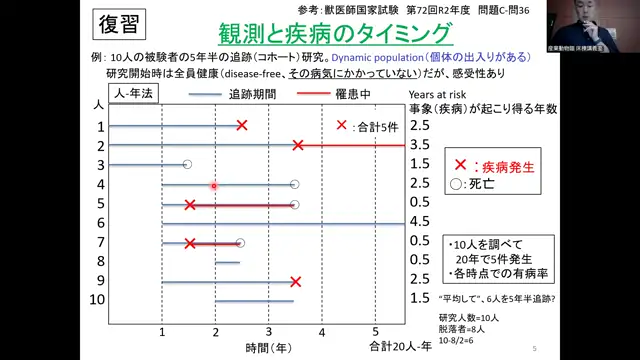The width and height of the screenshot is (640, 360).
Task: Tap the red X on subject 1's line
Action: coord(242,125)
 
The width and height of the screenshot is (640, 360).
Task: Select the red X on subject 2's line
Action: coord(297,145)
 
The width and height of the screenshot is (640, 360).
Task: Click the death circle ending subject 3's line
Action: coord(187,164)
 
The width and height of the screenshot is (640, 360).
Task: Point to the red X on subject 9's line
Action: coord(295,281)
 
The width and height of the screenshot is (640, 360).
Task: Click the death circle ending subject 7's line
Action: coord(240,243)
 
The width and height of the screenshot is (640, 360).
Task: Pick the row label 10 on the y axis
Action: coord(97,300)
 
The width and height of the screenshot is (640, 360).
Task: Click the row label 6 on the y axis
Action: coord(100,222)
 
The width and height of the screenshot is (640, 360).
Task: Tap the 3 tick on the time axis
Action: coord(269,331)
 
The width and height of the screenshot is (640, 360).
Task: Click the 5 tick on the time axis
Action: coord(375,331)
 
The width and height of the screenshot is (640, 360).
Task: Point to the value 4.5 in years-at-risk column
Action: coord(420,222)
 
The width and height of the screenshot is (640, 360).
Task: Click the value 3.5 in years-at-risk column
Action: coord(420,145)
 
